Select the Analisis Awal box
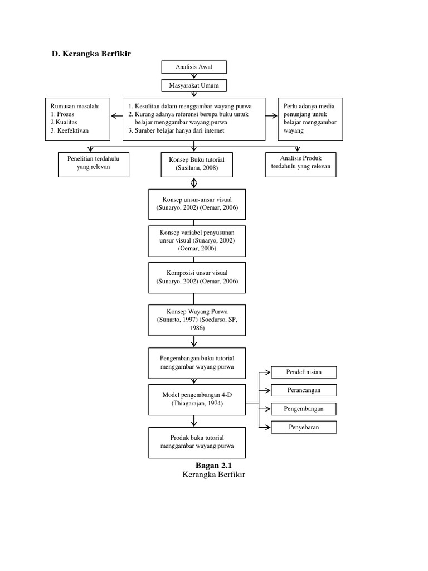(x=194, y=67)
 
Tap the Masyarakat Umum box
(x=194, y=85)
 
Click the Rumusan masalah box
(x=77, y=119)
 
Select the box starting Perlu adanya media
(x=310, y=119)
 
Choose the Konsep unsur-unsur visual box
(x=197, y=204)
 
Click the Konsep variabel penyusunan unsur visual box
(x=197, y=240)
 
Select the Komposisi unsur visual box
(x=197, y=277)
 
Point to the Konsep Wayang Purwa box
(x=197, y=320)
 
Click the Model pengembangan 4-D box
(x=197, y=399)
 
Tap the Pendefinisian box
(x=304, y=372)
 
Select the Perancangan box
(x=304, y=390)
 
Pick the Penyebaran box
(x=304, y=427)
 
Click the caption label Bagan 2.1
(x=213, y=465)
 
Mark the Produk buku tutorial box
(x=197, y=442)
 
